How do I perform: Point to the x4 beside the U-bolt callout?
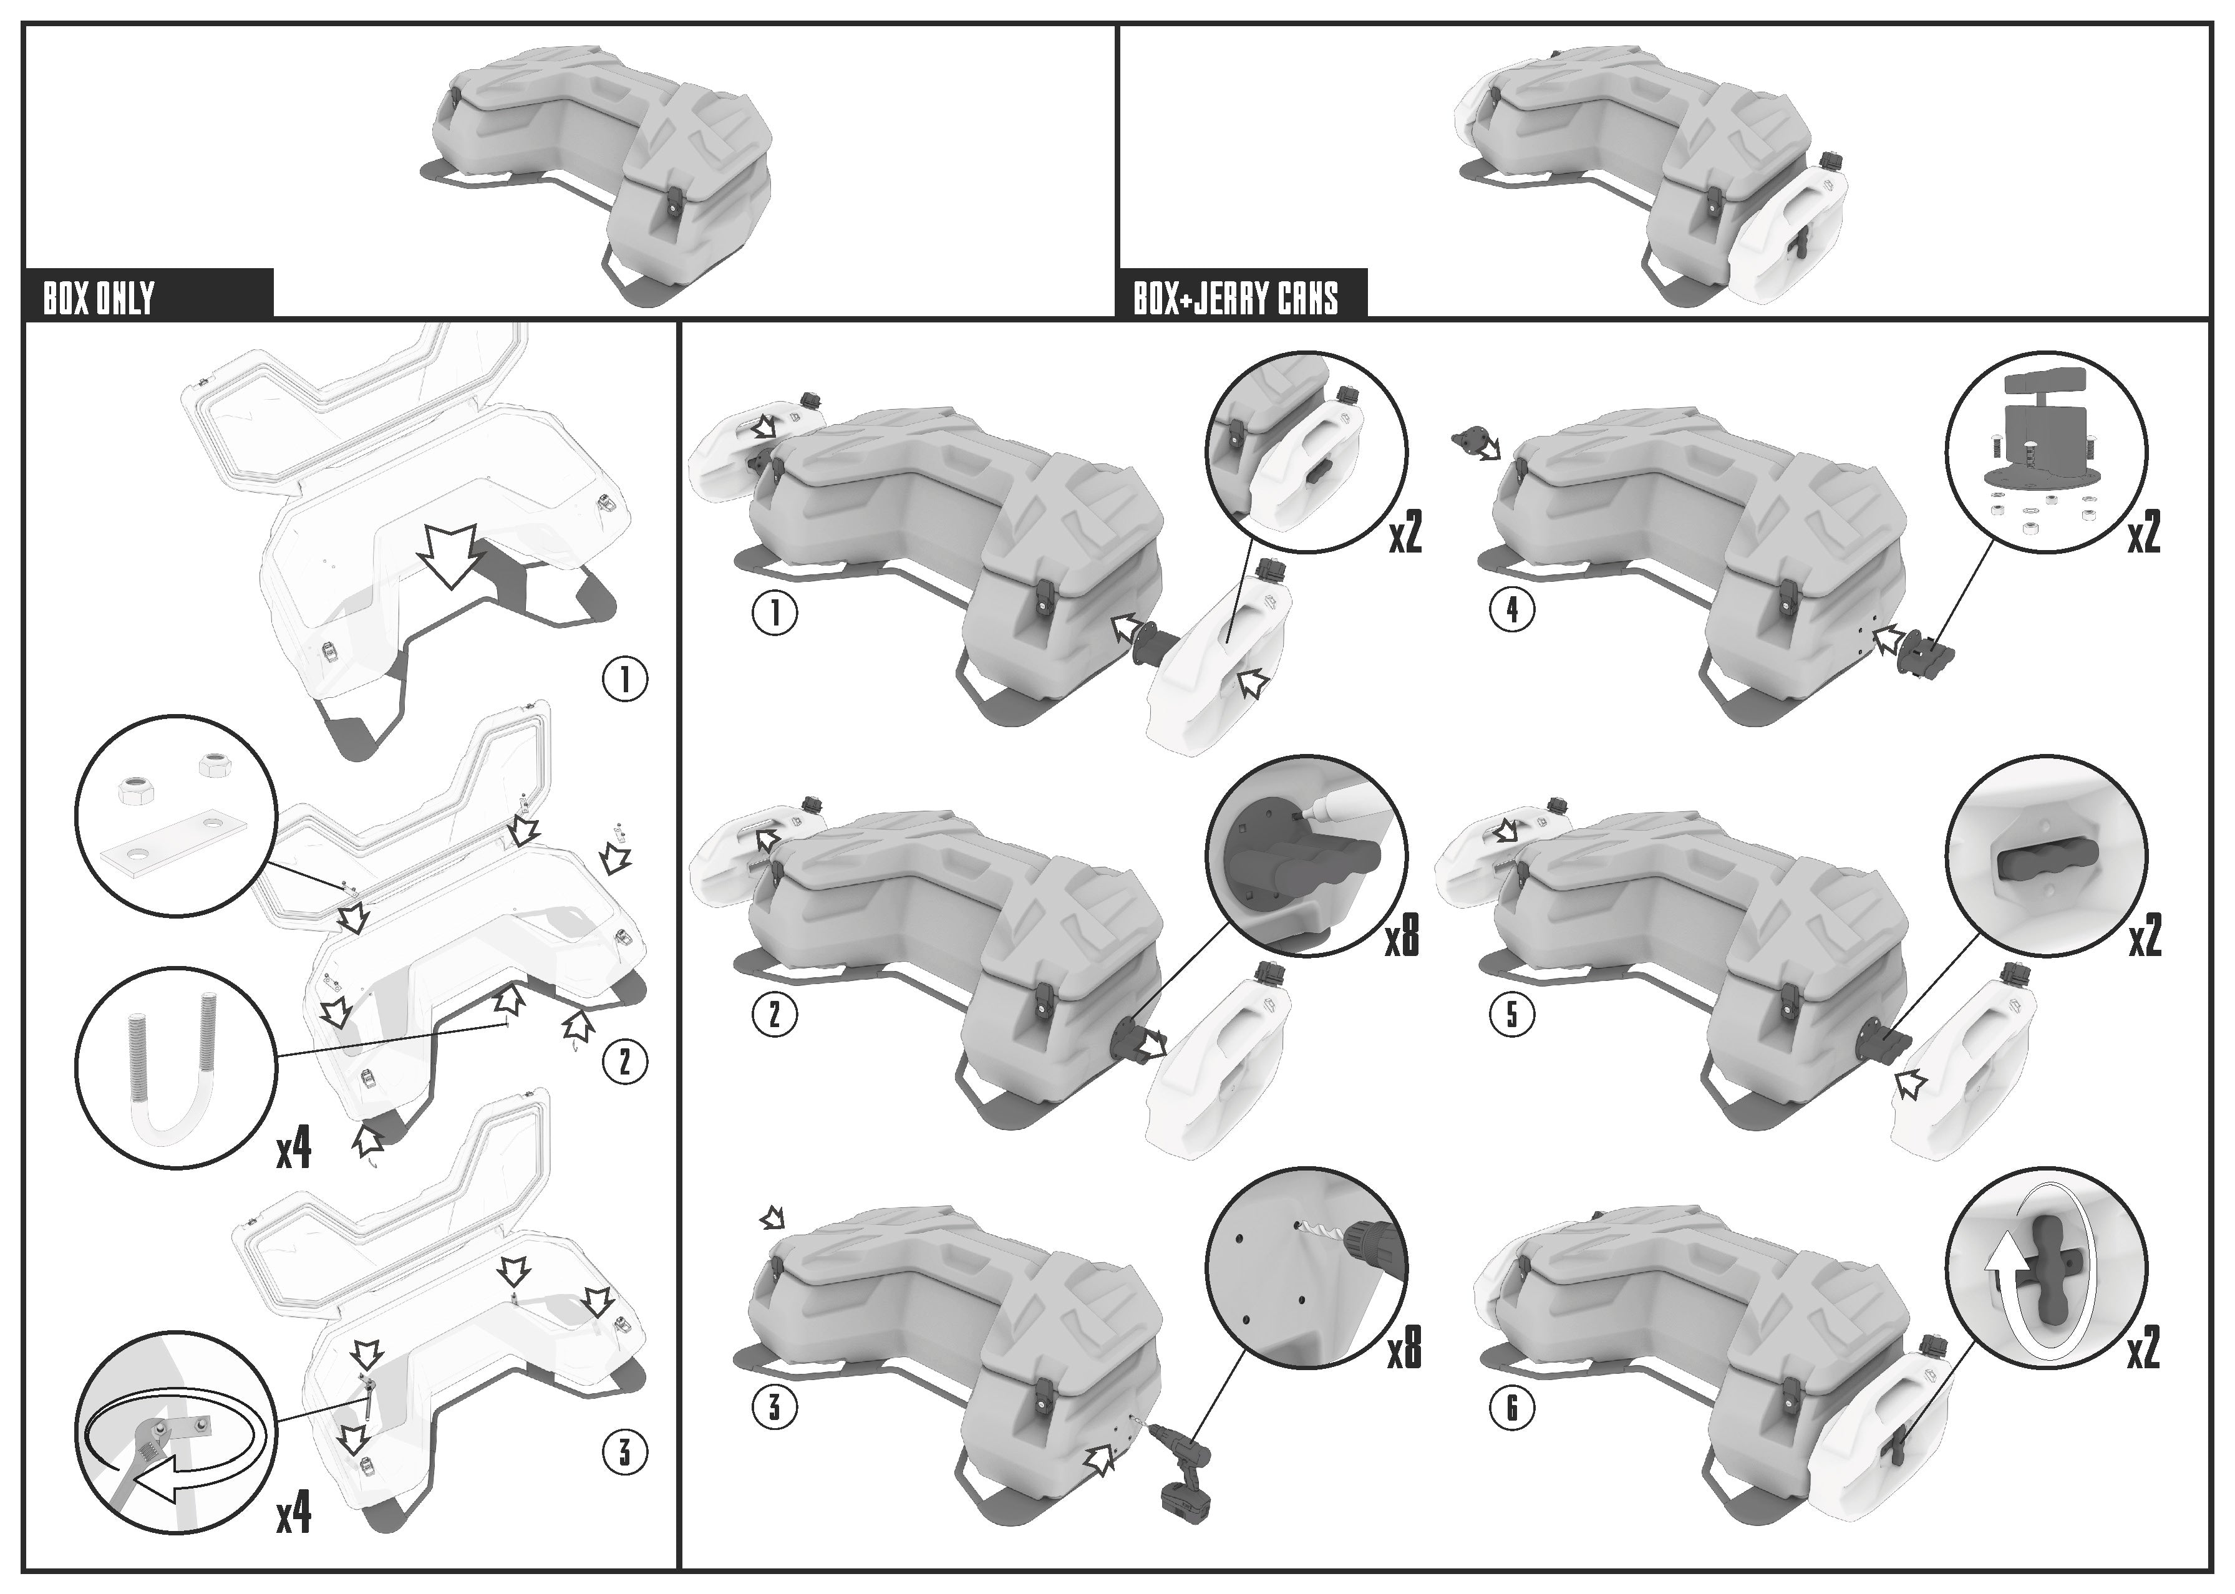click(293, 1147)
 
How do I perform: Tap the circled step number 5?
click(1511, 1014)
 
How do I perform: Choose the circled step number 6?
click(1511, 1409)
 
